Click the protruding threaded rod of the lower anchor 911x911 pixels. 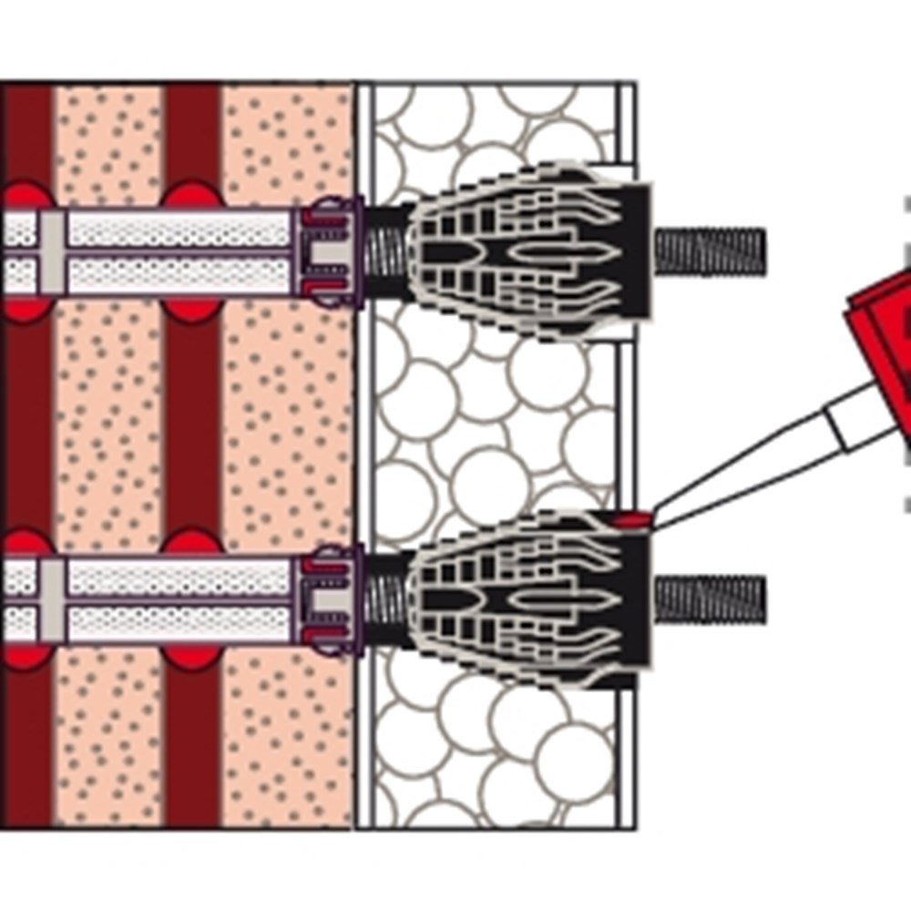(x=711, y=599)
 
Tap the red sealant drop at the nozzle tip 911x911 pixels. (x=631, y=520)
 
